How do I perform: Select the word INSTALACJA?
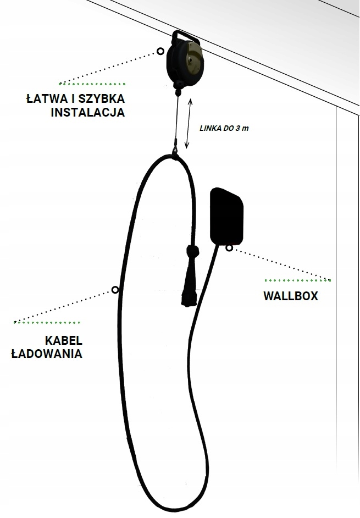click(88, 113)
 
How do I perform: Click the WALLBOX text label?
click(291, 296)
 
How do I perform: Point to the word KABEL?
click(64, 340)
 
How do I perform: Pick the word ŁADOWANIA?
click(47, 354)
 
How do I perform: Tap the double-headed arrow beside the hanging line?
click(189, 124)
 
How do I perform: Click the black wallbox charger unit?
click(227, 216)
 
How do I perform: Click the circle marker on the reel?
click(160, 51)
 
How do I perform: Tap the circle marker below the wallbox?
click(229, 248)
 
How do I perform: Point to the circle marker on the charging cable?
click(115, 290)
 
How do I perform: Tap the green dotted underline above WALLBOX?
click(298, 280)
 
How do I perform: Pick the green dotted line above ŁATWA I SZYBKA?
click(92, 84)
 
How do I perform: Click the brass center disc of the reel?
click(193, 57)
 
